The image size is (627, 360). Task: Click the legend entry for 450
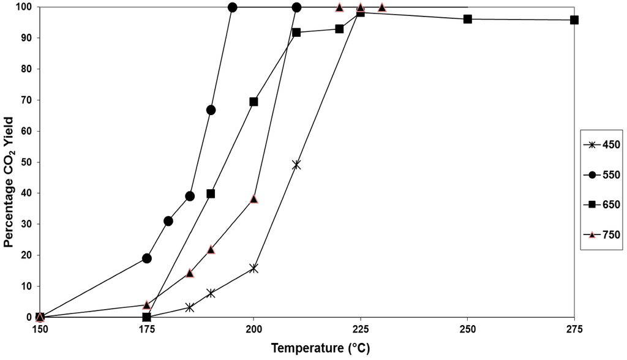point(603,145)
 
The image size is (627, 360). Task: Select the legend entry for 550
point(603,174)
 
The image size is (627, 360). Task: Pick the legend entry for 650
point(603,204)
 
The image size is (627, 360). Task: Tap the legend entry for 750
point(603,234)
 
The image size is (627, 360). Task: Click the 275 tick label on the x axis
point(574,329)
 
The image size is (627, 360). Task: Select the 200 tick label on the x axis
point(253,329)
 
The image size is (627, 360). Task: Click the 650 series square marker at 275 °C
point(574,20)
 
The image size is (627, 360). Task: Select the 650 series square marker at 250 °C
point(468,19)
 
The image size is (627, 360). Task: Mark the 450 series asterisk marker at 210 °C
point(296,165)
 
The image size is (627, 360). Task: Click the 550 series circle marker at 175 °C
point(147,258)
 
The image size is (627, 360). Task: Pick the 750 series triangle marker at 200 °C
point(254,199)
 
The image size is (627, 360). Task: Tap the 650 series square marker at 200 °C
point(253,102)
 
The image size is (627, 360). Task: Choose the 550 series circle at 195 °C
point(233,7)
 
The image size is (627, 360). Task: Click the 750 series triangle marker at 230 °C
point(382,7)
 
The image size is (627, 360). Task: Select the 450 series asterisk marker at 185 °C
point(190,307)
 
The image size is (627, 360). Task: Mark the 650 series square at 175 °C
point(147,317)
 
